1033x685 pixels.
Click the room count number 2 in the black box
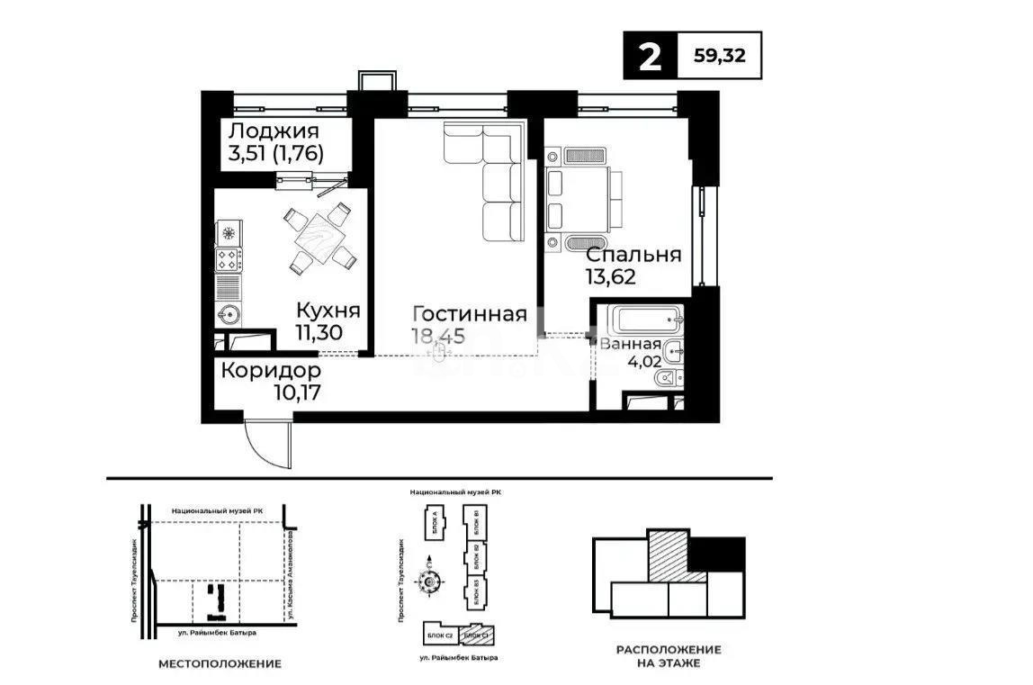(x=649, y=57)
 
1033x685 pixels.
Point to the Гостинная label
(x=469, y=314)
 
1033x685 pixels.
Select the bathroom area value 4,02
(x=643, y=366)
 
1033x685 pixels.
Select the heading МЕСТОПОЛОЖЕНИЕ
(x=220, y=663)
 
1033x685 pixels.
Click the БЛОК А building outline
(x=429, y=525)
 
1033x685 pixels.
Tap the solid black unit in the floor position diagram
(x=716, y=553)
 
